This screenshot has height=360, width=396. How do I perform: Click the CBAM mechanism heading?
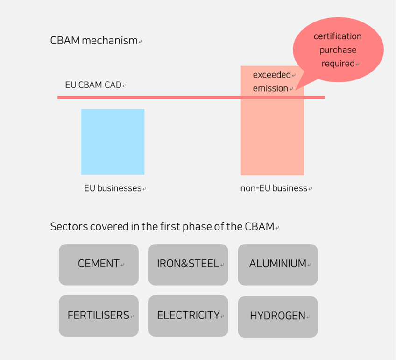94,41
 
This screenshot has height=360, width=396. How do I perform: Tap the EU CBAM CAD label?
93,85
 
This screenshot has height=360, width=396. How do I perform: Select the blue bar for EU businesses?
113,142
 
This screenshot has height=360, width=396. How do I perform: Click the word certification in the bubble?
337,36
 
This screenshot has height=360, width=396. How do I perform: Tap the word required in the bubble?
338,64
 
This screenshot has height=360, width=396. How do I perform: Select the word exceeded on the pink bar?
272,75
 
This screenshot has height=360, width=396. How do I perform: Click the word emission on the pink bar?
270,88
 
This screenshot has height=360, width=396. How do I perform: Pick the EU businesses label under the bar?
113,188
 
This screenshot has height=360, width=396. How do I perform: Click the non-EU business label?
274,188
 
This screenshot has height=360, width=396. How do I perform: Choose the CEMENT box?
99,264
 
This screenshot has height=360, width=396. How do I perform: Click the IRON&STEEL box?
188,264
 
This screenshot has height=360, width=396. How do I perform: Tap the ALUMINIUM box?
277,264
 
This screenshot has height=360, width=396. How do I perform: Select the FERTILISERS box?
99,316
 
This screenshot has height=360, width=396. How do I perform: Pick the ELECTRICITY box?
188,316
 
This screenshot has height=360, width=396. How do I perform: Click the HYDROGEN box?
277,317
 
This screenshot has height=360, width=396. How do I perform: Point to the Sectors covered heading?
162,227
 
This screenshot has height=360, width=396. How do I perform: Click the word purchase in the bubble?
338,50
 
